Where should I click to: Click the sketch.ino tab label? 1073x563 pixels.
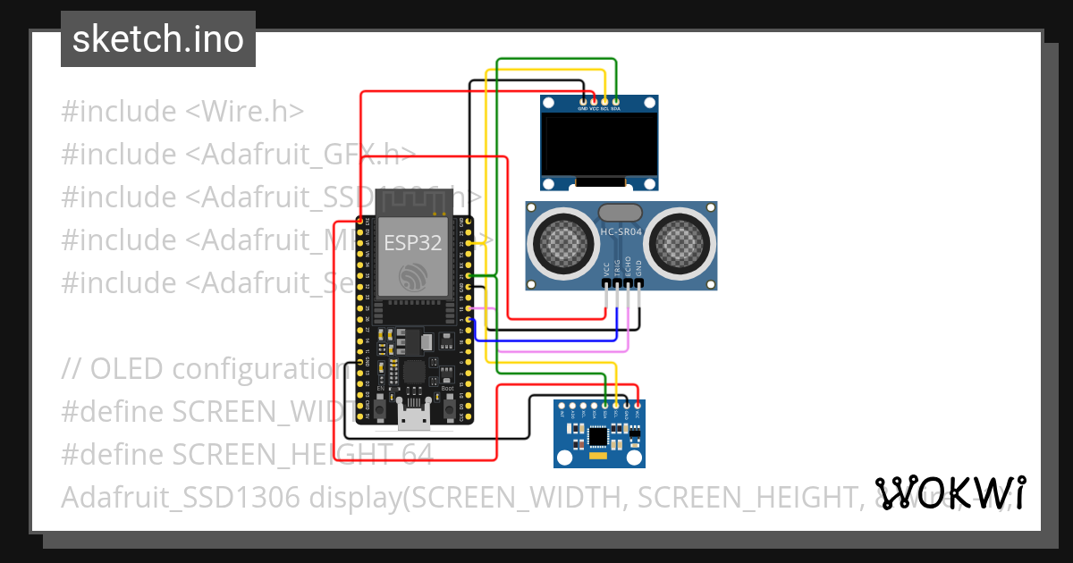tap(157, 39)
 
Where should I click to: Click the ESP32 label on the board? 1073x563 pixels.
tap(413, 242)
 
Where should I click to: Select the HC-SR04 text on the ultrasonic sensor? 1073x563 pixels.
tap(620, 231)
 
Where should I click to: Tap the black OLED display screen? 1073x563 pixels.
tap(600, 146)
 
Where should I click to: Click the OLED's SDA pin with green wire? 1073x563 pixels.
tap(616, 102)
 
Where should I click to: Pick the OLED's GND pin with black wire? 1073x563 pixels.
tap(584, 102)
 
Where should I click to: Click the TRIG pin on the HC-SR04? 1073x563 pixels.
tap(617, 283)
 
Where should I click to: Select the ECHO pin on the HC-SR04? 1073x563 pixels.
tap(628, 283)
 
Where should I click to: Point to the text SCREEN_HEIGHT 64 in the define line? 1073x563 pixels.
tap(302, 454)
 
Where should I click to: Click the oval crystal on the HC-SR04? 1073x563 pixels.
tap(620, 213)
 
